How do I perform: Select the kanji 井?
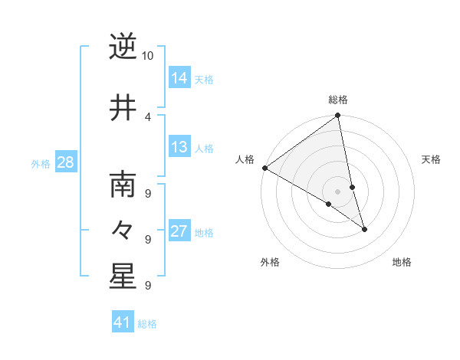tap(123, 107)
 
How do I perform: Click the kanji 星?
tap(123, 277)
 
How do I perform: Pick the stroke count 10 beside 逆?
tap(148, 56)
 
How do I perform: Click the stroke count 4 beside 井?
tap(148, 116)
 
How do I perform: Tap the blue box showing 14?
tap(179, 77)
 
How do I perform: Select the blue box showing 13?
tap(179, 147)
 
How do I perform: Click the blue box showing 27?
tap(179, 231)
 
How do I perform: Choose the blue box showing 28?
tap(65, 162)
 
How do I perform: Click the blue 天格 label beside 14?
tap(204, 79)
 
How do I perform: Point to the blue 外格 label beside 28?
tap(41, 163)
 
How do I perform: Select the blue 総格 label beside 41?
tap(147, 324)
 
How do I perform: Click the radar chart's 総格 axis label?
tap(338, 100)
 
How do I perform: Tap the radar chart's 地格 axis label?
tap(402, 262)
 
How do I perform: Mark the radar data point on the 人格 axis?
tap(264, 168)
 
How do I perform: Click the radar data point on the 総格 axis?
tap(338, 116)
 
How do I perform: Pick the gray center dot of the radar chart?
tap(338, 191)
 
